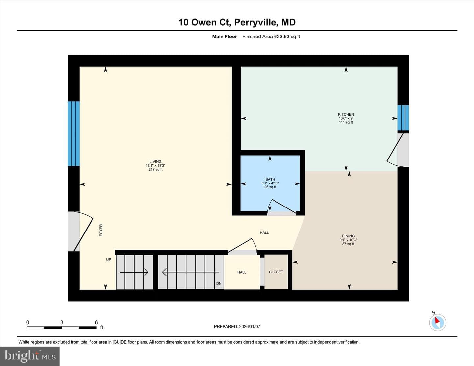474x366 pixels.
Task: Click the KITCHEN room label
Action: coord(346,114)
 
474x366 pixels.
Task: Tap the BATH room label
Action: coord(270,179)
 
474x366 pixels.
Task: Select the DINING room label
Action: coord(348,236)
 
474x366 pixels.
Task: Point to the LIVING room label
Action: coord(155,162)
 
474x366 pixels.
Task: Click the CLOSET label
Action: coord(276,272)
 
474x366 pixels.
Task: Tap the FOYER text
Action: coord(101,230)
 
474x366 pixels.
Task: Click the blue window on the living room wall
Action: coord(74,134)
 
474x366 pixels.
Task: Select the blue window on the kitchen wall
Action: coord(403,118)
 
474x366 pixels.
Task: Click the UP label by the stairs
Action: coord(108,260)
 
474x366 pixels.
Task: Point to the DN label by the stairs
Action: coord(219,284)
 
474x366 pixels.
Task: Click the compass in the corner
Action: coord(437,322)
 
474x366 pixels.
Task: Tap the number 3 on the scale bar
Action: coord(62,322)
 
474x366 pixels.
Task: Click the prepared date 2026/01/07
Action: coord(250,326)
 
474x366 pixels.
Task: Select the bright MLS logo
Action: coord(30,356)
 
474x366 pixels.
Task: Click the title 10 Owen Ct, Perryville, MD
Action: coord(237,22)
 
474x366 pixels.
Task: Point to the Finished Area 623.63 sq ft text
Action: coord(271,37)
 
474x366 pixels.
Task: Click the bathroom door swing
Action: coord(281,207)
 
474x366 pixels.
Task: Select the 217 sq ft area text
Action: coord(155,169)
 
